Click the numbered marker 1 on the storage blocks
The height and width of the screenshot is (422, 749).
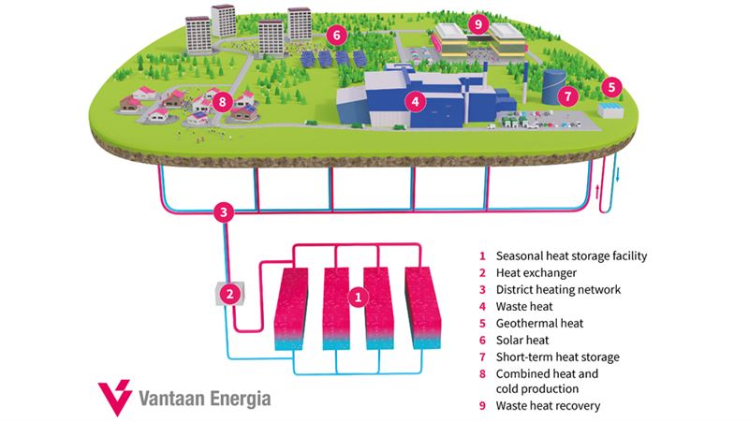(359, 298)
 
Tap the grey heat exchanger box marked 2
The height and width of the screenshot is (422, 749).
(230, 294)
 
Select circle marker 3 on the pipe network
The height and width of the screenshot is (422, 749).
(224, 212)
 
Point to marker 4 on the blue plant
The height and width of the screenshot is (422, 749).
(415, 101)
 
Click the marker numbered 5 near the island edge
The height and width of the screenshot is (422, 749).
(611, 87)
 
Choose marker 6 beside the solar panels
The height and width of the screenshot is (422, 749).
(337, 35)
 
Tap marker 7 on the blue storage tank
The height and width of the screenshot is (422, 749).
(567, 96)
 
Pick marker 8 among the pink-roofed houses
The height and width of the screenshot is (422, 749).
(223, 101)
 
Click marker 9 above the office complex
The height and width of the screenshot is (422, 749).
(478, 22)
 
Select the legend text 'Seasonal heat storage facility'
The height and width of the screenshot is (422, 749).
(571, 255)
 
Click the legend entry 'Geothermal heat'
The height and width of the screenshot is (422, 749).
(539, 323)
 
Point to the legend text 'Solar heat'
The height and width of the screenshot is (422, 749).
(522, 340)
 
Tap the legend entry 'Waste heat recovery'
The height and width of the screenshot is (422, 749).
(548, 405)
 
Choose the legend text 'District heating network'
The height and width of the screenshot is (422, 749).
(558, 289)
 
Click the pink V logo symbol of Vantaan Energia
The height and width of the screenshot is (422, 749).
(115, 397)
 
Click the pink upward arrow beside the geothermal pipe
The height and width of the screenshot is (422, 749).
(597, 192)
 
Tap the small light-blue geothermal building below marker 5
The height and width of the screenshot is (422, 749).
(610, 109)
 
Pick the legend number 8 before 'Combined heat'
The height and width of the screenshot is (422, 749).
(482, 373)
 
